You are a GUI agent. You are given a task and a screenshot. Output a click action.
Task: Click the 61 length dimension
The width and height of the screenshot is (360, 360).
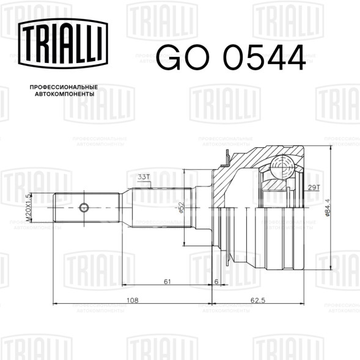(167, 281)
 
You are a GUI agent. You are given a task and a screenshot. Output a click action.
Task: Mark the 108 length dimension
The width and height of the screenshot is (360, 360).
(133, 299)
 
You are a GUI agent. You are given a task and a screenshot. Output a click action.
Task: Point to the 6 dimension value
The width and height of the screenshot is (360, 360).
(216, 281)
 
